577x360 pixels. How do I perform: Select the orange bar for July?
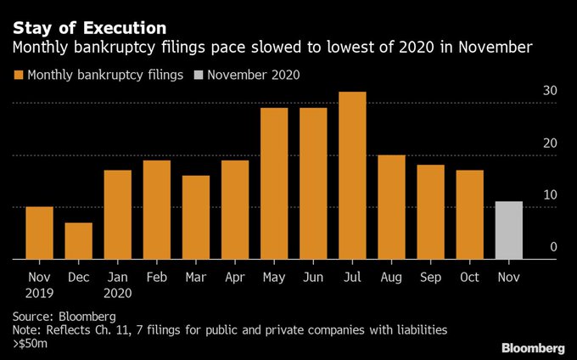click(352, 175)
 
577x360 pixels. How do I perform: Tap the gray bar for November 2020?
click(508, 230)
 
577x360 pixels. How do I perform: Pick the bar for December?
click(78, 241)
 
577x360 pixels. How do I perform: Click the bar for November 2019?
click(39, 233)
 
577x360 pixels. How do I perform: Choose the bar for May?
click(273, 183)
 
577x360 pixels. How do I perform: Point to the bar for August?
click(391, 207)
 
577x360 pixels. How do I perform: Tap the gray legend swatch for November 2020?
click(200, 76)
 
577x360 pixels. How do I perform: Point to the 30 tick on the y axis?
click(549, 91)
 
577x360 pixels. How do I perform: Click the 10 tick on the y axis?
click(549, 195)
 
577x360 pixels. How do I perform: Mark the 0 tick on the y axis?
click(552, 247)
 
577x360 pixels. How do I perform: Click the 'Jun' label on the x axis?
click(313, 276)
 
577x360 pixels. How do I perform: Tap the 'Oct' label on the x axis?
click(469, 276)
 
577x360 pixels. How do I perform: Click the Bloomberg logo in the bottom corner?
click(532, 347)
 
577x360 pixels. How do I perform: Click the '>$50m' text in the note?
click(33, 344)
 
